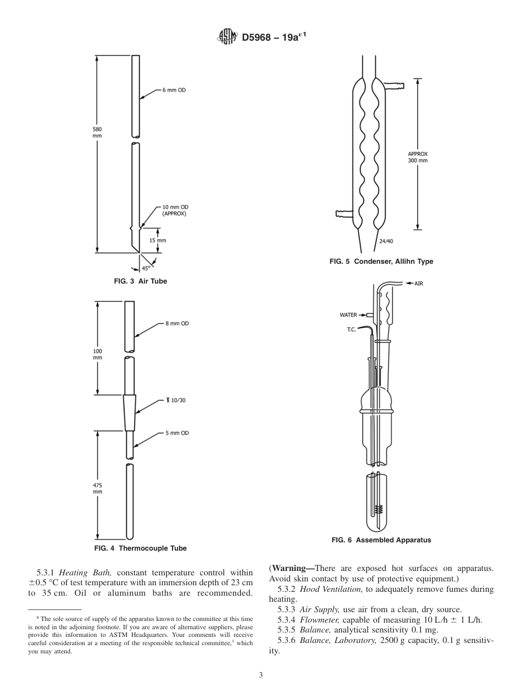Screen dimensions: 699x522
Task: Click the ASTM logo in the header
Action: [x=226, y=37]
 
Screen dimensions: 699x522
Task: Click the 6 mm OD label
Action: [x=174, y=90]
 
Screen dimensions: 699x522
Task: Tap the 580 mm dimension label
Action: [x=97, y=132]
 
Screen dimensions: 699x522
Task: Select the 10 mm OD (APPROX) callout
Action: [x=174, y=210]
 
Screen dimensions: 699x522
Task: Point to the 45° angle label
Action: [x=146, y=268]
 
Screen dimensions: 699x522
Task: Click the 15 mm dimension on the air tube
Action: [x=158, y=240]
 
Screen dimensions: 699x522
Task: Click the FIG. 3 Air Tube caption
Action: [x=140, y=281]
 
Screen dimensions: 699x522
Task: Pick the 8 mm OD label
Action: [x=177, y=324]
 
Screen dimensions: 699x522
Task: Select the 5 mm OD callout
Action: [x=177, y=433]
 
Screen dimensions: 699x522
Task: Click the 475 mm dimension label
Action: [x=97, y=489]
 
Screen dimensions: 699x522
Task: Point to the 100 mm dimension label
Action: [x=97, y=354]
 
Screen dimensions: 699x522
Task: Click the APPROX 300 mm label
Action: [x=418, y=157]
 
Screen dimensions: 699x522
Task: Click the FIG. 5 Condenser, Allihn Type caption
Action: [x=381, y=262]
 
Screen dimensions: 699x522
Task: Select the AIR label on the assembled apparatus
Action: [x=418, y=284]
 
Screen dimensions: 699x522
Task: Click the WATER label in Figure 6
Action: [x=348, y=315]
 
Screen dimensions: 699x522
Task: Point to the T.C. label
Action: [x=352, y=330]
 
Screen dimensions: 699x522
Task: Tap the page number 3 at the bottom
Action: [x=261, y=675]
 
